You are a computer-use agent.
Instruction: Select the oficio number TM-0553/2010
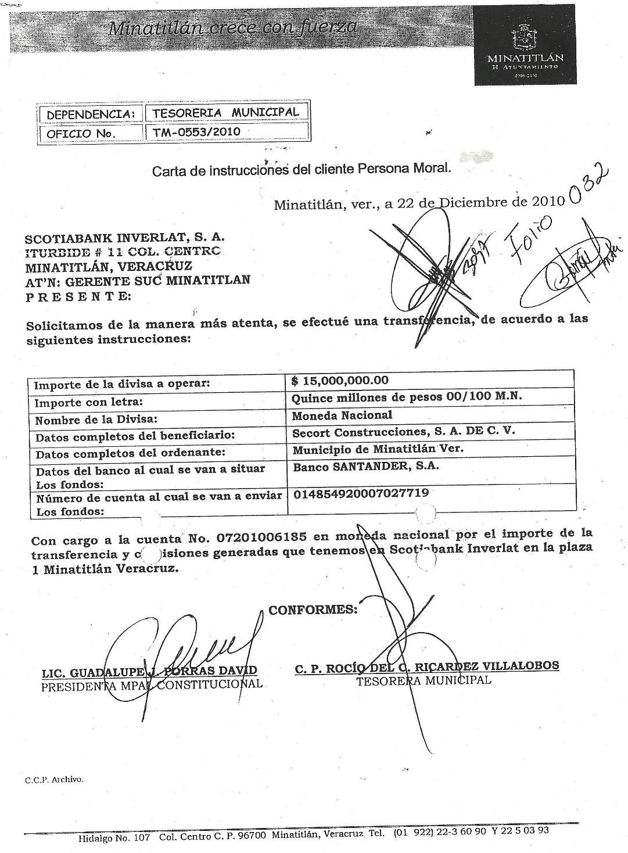tap(196, 132)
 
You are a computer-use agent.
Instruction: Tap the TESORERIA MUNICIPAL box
tap(225, 112)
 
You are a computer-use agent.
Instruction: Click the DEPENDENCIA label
tap(91, 114)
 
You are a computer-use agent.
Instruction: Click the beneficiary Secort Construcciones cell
tap(404, 432)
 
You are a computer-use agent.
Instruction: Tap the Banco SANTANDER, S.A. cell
tap(365, 466)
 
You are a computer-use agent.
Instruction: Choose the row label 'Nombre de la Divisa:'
tap(96, 420)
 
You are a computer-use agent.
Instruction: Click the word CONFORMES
tap(313, 610)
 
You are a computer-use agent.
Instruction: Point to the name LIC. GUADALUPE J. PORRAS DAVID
tap(149, 672)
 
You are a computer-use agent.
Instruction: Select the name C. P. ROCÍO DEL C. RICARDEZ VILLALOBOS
tap(427, 666)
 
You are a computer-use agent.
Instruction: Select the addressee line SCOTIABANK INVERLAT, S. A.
tap(125, 238)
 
